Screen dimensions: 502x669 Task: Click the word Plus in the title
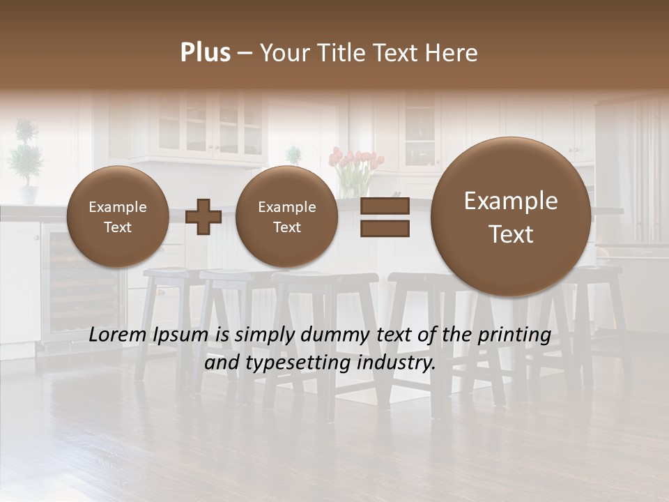tap(205, 53)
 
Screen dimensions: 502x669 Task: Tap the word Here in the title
tap(452, 53)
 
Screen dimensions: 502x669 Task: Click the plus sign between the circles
tap(203, 216)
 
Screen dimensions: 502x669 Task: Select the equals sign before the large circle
tap(385, 217)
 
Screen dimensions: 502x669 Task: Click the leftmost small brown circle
tap(117, 217)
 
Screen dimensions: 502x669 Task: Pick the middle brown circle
tap(286, 217)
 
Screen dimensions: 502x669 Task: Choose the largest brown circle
tap(511, 217)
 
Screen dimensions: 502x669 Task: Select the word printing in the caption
tap(514, 335)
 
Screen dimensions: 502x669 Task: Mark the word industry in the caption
tap(398, 363)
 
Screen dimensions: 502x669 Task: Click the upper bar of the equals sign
tap(385, 206)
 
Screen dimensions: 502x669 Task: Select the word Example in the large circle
tap(511, 201)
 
